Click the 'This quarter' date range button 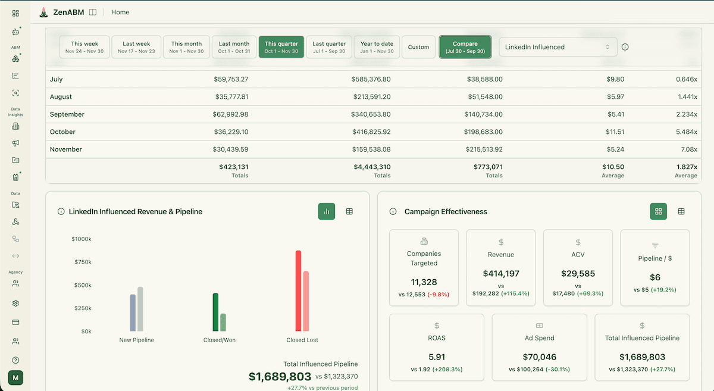[x=281, y=47]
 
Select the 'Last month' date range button [x=234, y=47]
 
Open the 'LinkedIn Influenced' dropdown [x=558, y=47]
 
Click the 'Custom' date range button [x=418, y=47]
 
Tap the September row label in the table [x=67, y=114]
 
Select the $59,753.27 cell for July [x=231, y=79]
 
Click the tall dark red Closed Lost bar [x=298, y=290]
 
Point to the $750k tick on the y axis [x=82, y=262]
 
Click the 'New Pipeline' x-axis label [x=136, y=340]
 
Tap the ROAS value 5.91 [x=437, y=357]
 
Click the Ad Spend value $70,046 [x=539, y=357]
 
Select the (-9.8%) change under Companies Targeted [x=437, y=294]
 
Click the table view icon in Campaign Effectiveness [x=681, y=211]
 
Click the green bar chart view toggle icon [x=327, y=211]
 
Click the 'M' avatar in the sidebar [x=15, y=378]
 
